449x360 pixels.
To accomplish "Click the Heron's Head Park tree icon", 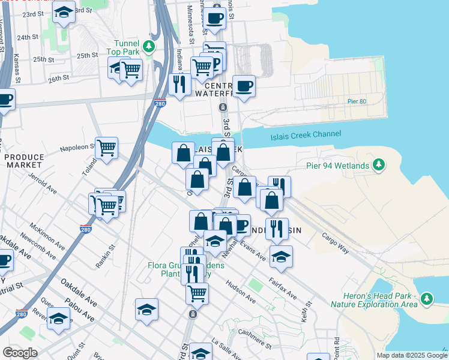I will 427,298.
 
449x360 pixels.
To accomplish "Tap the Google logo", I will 20,353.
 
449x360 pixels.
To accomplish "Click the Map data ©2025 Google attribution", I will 411,355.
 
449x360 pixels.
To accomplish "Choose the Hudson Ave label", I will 240,291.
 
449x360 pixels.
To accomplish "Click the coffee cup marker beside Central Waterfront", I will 244,86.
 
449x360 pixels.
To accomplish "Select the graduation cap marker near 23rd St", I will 63,12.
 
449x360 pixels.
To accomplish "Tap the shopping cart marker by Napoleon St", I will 106,147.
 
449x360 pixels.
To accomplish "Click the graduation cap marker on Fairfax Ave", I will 281,256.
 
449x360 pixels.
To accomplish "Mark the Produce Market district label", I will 24,160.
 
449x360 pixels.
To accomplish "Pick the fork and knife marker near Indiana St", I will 179,84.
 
